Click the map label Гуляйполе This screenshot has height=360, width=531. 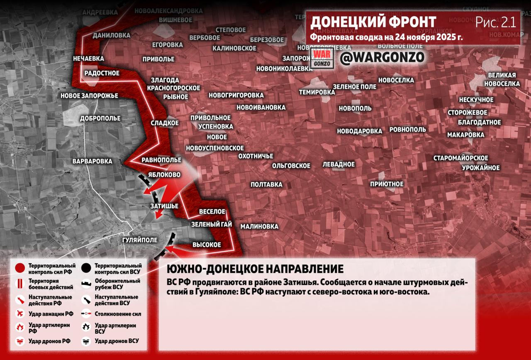(x=140, y=240)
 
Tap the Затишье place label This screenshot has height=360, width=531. (x=164, y=206)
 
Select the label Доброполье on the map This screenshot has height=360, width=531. (x=100, y=118)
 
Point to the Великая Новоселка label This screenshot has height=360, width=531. (x=502, y=79)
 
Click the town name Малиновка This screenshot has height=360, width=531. (x=259, y=226)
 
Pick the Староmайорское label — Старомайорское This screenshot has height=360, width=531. (x=461, y=158)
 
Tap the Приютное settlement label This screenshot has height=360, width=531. (x=387, y=184)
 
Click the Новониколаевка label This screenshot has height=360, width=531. (x=284, y=69)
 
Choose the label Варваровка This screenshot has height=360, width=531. (x=92, y=161)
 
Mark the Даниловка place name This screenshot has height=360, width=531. (x=111, y=35)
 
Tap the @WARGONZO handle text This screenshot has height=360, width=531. (x=382, y=58)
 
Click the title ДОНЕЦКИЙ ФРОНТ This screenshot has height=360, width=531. (x=373, y=22)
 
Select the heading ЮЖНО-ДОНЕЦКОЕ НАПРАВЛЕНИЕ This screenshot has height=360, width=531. (x=255, y=269)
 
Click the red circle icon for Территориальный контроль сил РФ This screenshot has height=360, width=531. (x=20, y=269)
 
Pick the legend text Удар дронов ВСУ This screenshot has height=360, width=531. (x=117, y=341)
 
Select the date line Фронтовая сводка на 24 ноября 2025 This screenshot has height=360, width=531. (x=387, y=37)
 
